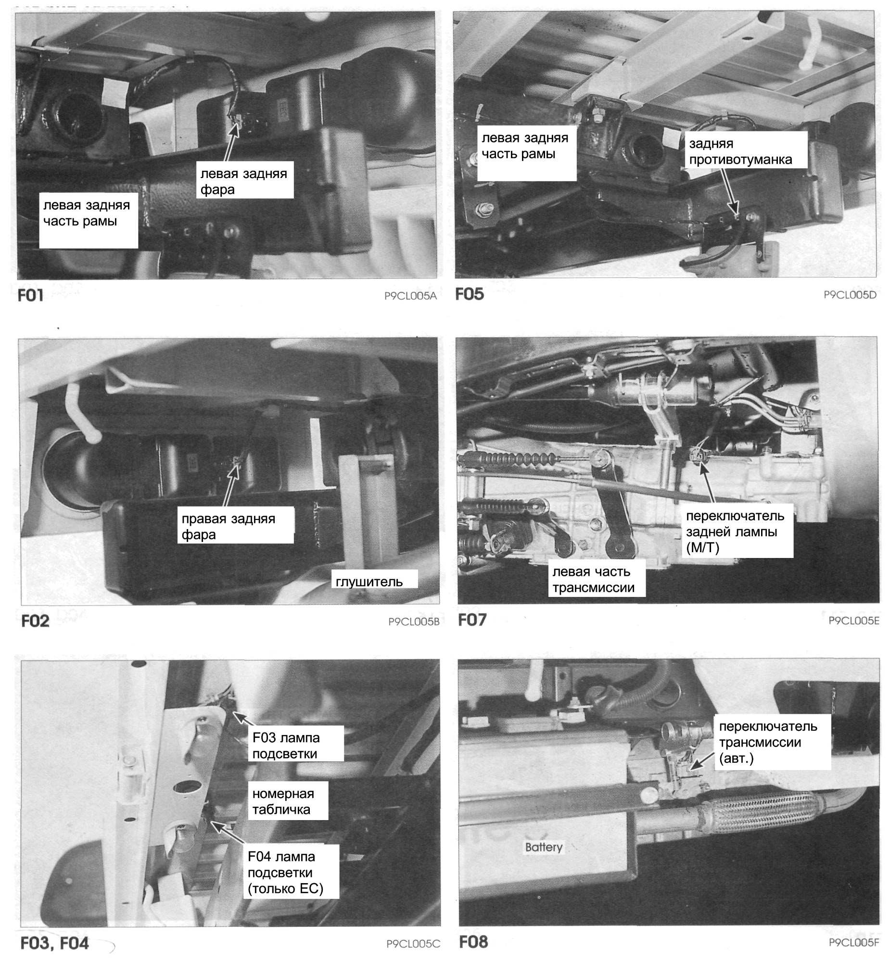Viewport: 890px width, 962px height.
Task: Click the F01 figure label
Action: coord(30,295)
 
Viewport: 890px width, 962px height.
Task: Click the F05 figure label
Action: coord(470,294)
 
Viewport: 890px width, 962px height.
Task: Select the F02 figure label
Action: coord(35,620)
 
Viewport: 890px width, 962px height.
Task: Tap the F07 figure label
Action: coord(472,620)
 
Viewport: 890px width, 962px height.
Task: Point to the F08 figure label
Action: coord(473,941)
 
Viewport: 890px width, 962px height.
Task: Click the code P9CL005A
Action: coord(410,296)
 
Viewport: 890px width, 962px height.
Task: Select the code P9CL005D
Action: coord(850,295)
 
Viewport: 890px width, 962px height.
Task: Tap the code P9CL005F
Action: coord(854,942)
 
